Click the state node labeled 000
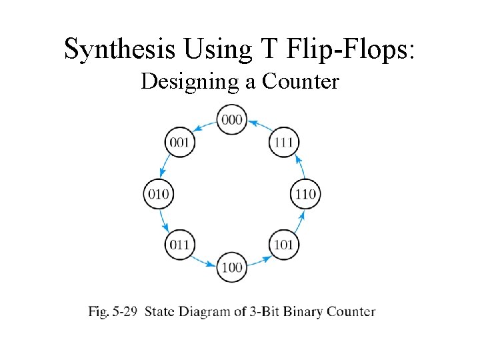pos(232,120)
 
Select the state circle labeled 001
pos(179,142)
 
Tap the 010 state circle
pos(158,195)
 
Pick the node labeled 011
pos(179,245)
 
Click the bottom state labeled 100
pos(232,267)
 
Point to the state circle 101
pos(283,245)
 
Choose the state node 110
pos(305,195)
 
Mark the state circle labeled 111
pos(284,142)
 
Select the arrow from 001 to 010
pos(165,167)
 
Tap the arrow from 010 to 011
pos(165,221)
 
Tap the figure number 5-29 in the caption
pos(125,311)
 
